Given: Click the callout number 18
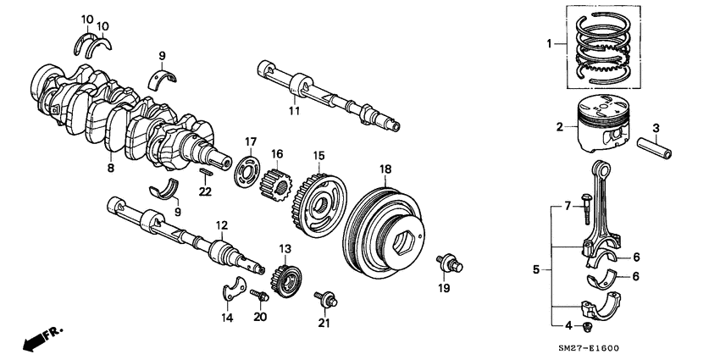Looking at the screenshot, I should pyautogui.click(x=385, y=169).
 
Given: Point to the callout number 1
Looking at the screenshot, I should pyautogui.click(x=548, y=42).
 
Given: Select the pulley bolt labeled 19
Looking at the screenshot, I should pyautogui.click(x=446, y=263).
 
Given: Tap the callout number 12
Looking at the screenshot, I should pyautogui.click(x=221, y=225).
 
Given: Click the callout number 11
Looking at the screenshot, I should pyautogui.click(x=293, y=110).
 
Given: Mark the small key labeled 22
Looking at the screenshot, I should pyautogui.click(x=206, y=173).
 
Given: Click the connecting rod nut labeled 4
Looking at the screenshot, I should pyautogui.click(x=589, y=326).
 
